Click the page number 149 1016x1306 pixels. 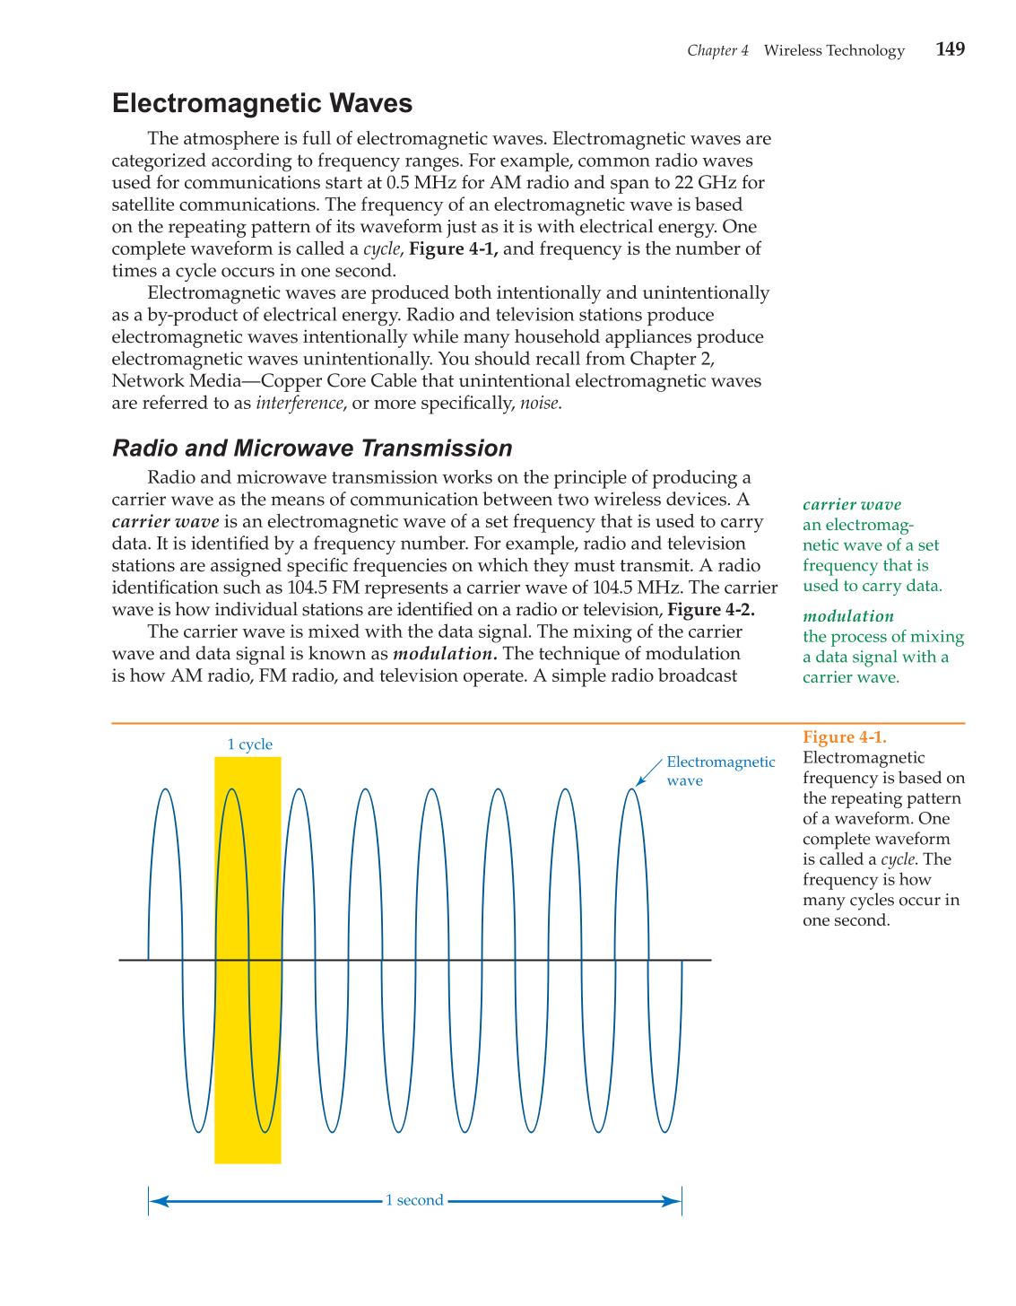(x=950, y=49)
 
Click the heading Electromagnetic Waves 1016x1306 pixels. (x=262, y=104)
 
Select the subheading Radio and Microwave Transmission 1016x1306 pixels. (x=312, y=448)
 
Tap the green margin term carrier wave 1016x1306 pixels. (x=851, y=505)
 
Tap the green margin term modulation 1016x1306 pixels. (x=847, y=616)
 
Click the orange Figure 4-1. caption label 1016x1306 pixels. (x=844, y=737)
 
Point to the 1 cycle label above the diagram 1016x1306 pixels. (x=249, y=744)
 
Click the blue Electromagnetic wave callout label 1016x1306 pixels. (x=720, y=771)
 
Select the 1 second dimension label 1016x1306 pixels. (x=414, y=1201)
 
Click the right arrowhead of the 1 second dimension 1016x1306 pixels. (x=672, y=1201)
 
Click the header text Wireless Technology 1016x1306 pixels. (x=834, y=50)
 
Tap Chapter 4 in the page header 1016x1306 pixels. (x=717, y=50)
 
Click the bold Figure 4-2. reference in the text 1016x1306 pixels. (x=711, y=610)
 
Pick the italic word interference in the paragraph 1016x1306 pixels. (x=300, y=403)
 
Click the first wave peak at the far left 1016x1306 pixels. (x=165, y=790)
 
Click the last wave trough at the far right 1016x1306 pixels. (x=665, y=1132)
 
